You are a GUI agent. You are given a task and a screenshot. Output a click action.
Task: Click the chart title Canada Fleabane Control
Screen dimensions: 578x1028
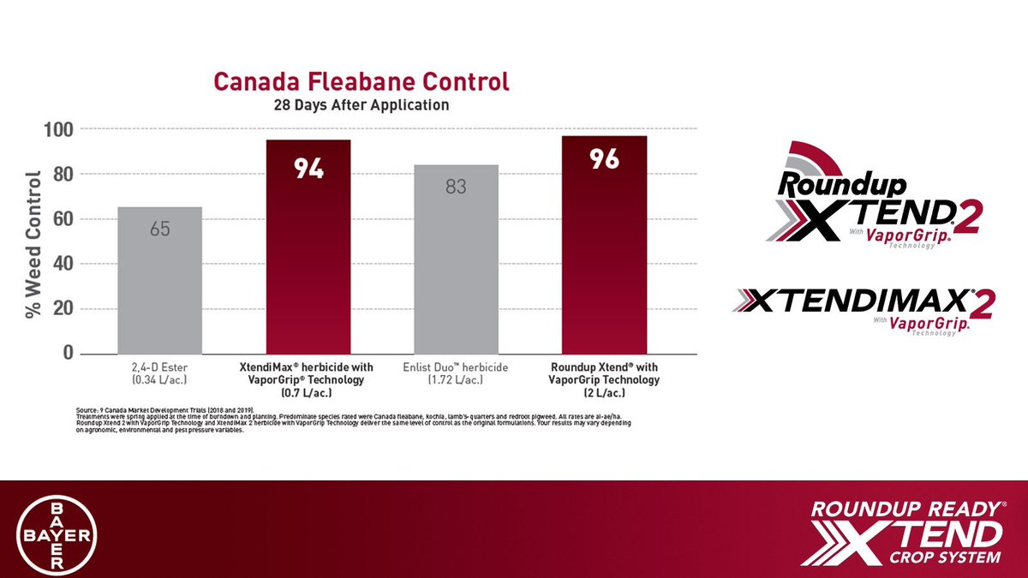[361, 82]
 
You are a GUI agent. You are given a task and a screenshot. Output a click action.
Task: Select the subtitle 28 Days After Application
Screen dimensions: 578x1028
[361, 106]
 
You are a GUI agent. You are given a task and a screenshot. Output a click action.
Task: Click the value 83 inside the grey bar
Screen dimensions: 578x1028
[456, 186]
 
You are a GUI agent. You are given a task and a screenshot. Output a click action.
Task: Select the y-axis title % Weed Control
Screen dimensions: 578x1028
[33, 245]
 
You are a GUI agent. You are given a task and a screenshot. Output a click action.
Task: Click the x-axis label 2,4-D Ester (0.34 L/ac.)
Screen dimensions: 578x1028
[159, 373]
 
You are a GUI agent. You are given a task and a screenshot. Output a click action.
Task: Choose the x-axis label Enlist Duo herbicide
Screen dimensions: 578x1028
[456, 373]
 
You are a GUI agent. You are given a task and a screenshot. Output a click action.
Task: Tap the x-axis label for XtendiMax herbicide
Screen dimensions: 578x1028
[308, 379]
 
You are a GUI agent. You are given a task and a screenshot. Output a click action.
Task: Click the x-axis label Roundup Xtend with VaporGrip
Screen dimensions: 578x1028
[604, 379]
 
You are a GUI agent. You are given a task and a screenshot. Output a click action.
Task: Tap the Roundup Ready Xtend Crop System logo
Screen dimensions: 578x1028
[904, 532]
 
